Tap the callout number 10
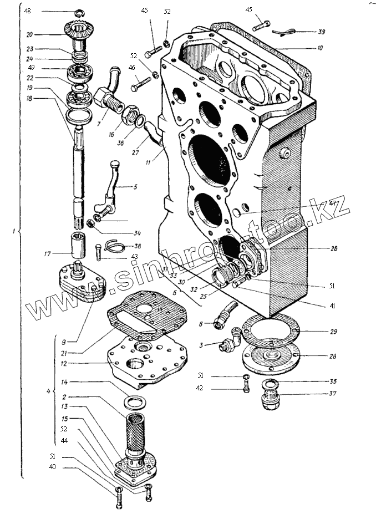pos(320,48)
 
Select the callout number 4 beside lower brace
pos(48,391)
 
